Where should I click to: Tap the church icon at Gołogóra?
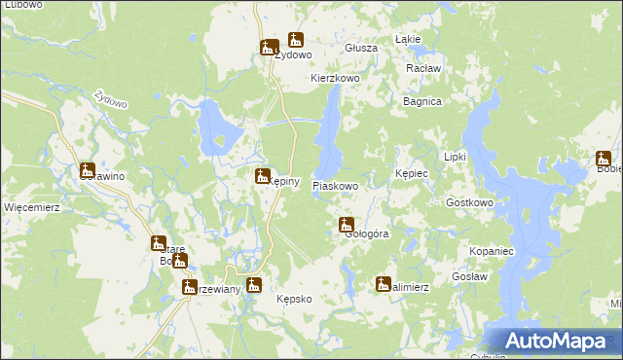[x=346, y=225]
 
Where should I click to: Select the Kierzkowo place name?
[x=336, y=77]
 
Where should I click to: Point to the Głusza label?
[x=361, y=48]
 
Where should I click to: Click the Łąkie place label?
[x=408, y=39]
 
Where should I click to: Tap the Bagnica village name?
[x=422, y=101]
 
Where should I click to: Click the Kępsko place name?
[x=294, y=299]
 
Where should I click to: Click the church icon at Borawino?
[x=88, y=169]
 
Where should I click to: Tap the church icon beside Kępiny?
[x=262, y=175]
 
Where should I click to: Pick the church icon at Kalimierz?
[x=383, y=283]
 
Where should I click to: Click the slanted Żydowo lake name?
[x=107, y=101]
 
